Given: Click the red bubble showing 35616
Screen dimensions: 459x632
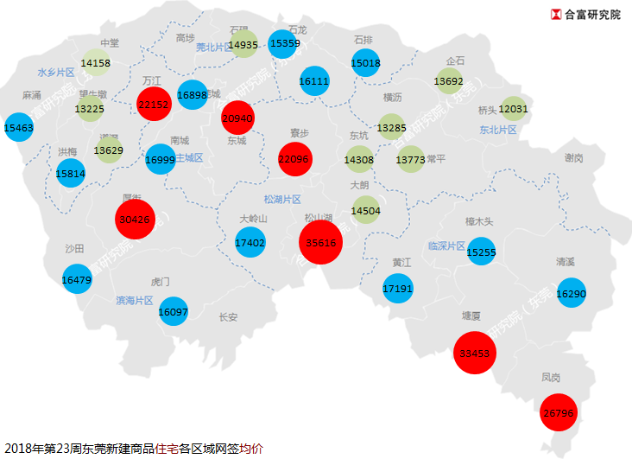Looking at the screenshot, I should (x=321, y=243).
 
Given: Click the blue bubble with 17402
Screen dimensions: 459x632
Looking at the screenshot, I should (x=250, y=243).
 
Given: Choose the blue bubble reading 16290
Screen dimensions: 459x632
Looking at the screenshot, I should (x=572, y=294).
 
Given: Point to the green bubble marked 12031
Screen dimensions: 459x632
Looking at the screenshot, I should (x=513, y=109).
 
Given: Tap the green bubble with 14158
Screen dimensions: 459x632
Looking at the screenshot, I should (x=96, y=62).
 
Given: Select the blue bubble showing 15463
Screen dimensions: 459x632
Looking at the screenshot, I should (x=19, y=127).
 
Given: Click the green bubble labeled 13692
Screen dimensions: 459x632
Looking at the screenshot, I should (x=450, y=82).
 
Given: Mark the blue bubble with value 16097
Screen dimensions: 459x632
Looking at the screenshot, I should (x=174, y=311).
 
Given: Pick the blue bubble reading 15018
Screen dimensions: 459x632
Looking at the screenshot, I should (x=366, y=62).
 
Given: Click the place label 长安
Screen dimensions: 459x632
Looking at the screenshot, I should (x=228, y=317).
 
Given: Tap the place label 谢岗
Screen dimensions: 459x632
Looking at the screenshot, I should (x=573, y=158).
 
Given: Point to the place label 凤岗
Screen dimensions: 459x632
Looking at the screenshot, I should (x=551, y=378).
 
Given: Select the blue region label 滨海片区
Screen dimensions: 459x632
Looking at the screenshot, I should (x=135, y=301).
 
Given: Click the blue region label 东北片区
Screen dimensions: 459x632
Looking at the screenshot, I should (x=497, y=130).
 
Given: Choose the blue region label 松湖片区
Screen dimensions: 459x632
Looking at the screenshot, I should (x=282, y=199).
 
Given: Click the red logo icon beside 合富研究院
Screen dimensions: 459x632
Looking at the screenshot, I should (x=556, y=15).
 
